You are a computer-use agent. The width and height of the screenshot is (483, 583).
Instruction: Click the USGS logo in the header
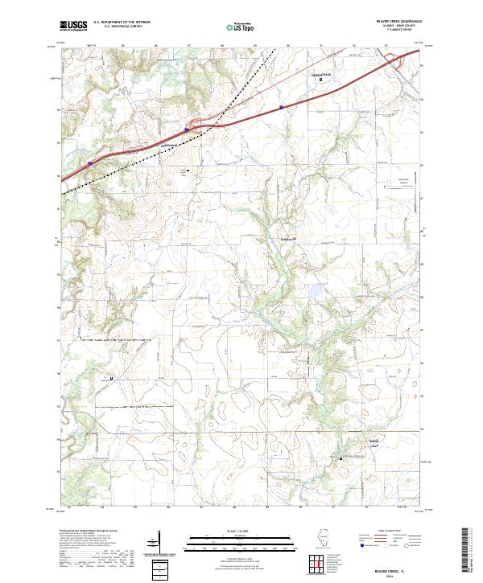pos(72,26)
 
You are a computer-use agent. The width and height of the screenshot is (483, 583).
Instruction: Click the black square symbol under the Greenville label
pos(322,80)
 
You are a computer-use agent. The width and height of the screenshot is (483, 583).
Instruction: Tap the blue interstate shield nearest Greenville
pos(281,106)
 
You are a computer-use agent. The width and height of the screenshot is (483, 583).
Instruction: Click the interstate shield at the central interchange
pos(187,129)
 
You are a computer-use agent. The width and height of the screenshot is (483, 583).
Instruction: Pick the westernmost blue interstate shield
pos(90,162)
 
